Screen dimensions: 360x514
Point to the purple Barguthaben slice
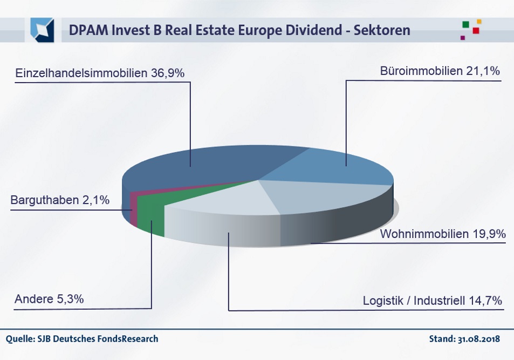[x=133, y=208]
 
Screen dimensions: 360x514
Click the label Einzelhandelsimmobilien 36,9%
[x=100, y=73]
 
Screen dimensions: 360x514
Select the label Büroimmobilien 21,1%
[x=440, y=72]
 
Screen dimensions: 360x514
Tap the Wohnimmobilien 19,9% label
[x=442, y=234]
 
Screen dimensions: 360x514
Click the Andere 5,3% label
[x=49, y=298]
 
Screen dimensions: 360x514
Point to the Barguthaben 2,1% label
[x=60, y=200]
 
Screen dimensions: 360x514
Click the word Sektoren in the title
[x=383, y=31]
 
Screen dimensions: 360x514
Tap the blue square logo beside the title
[x=42, y=30]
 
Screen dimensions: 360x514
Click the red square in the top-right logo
[x=476, y=31]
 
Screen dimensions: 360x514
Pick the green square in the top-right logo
[x=466, y=25]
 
